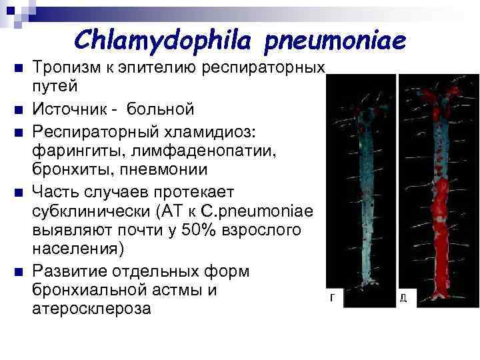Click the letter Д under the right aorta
pyautogui.click(x=403, y=299)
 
